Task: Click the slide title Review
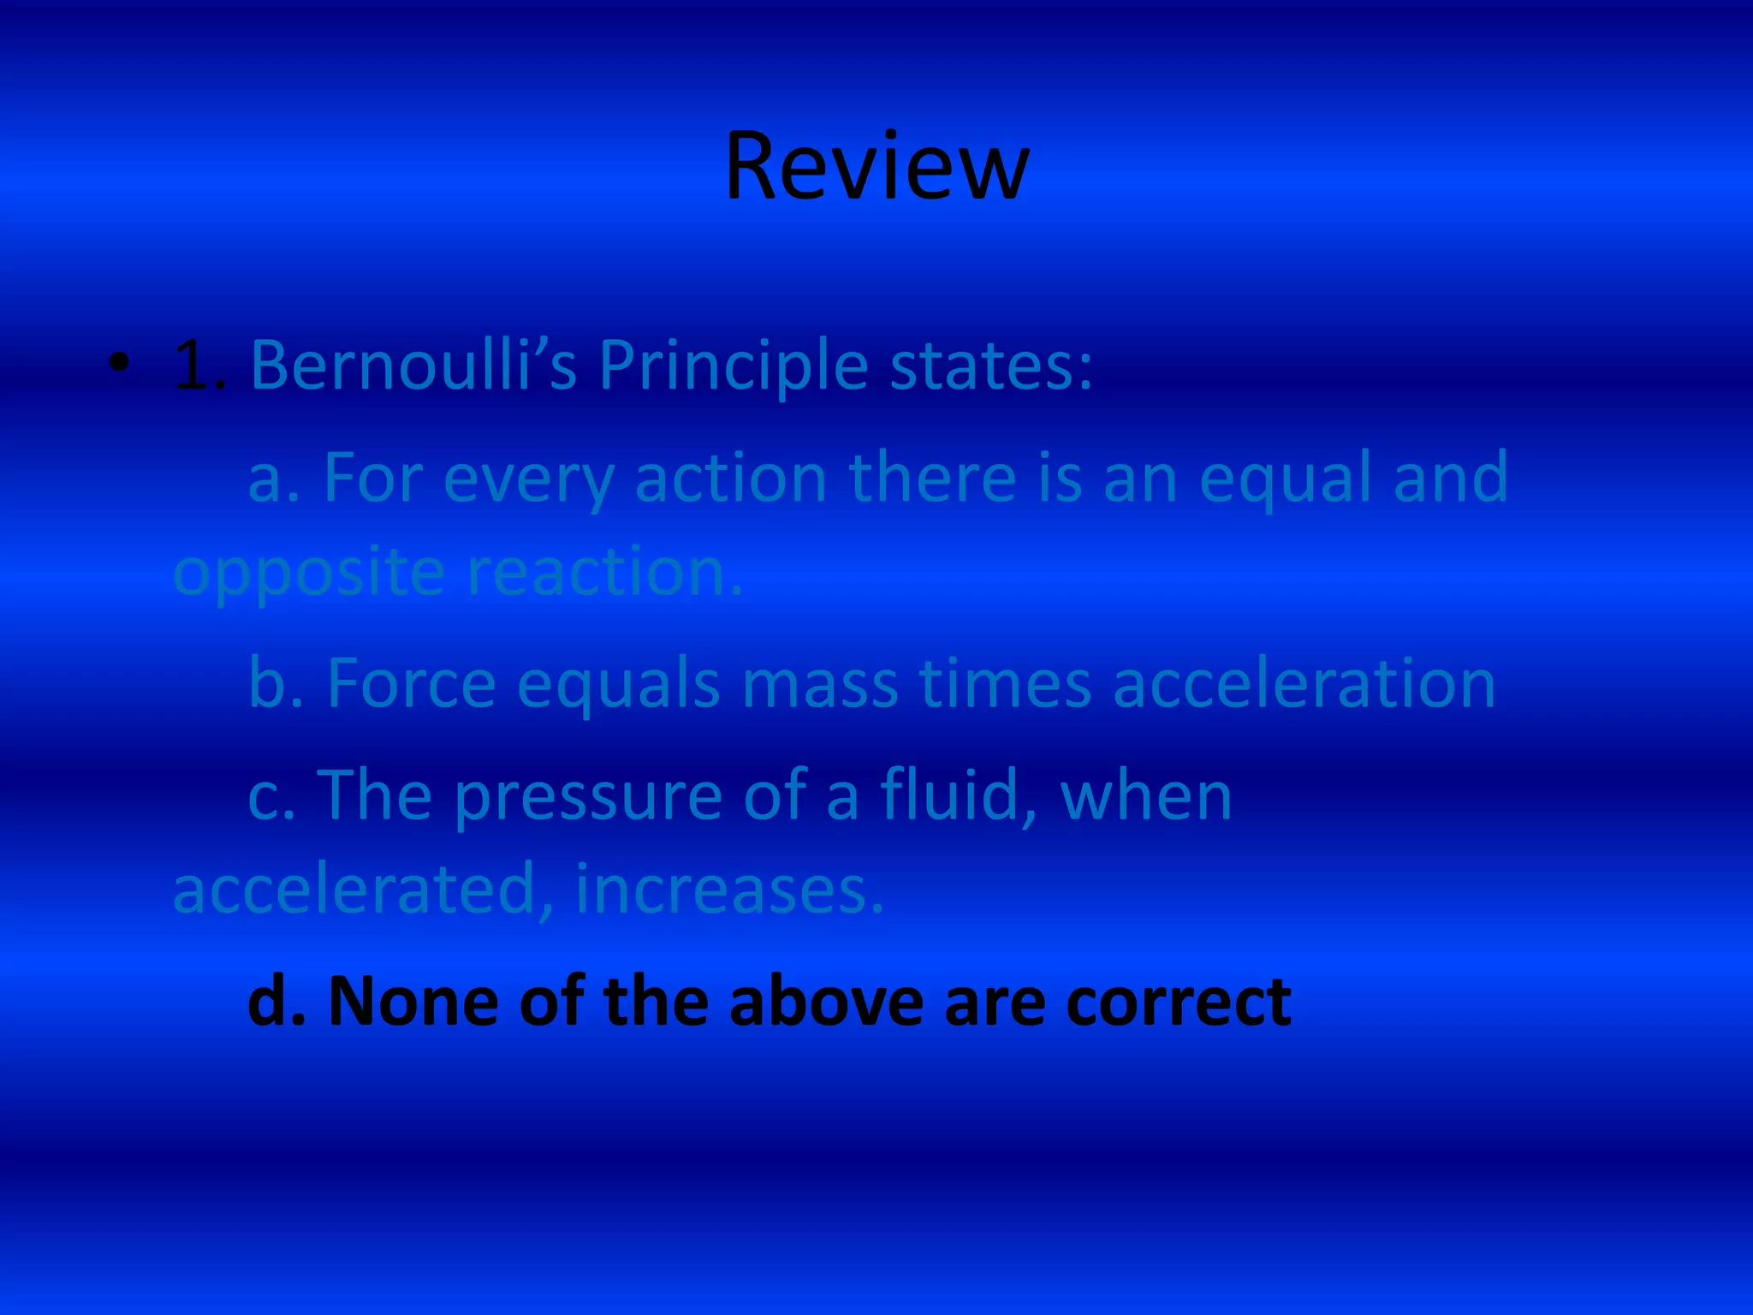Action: [876, 167]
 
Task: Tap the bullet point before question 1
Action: [120, 364]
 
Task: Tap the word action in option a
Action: [730, 478]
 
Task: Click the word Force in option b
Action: [412, 685]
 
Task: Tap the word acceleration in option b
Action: [1304, 685]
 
